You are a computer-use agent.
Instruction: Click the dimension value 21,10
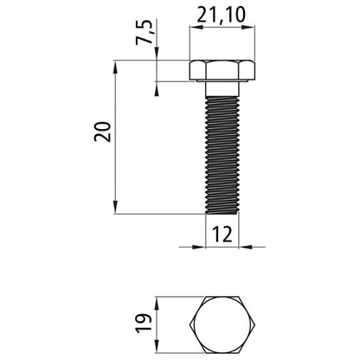[222, 15]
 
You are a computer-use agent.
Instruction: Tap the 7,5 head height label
[145, 32]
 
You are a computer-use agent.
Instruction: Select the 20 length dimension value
[103, 132]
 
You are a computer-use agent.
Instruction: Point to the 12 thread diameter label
[222, 235]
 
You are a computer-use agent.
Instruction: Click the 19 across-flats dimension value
[144, 324]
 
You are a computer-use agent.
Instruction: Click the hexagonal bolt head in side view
[222, 71]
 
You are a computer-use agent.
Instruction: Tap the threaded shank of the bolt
[222, 155]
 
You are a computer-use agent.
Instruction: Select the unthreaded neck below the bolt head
[222, 89]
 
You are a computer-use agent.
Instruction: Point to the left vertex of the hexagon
[190, 325]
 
